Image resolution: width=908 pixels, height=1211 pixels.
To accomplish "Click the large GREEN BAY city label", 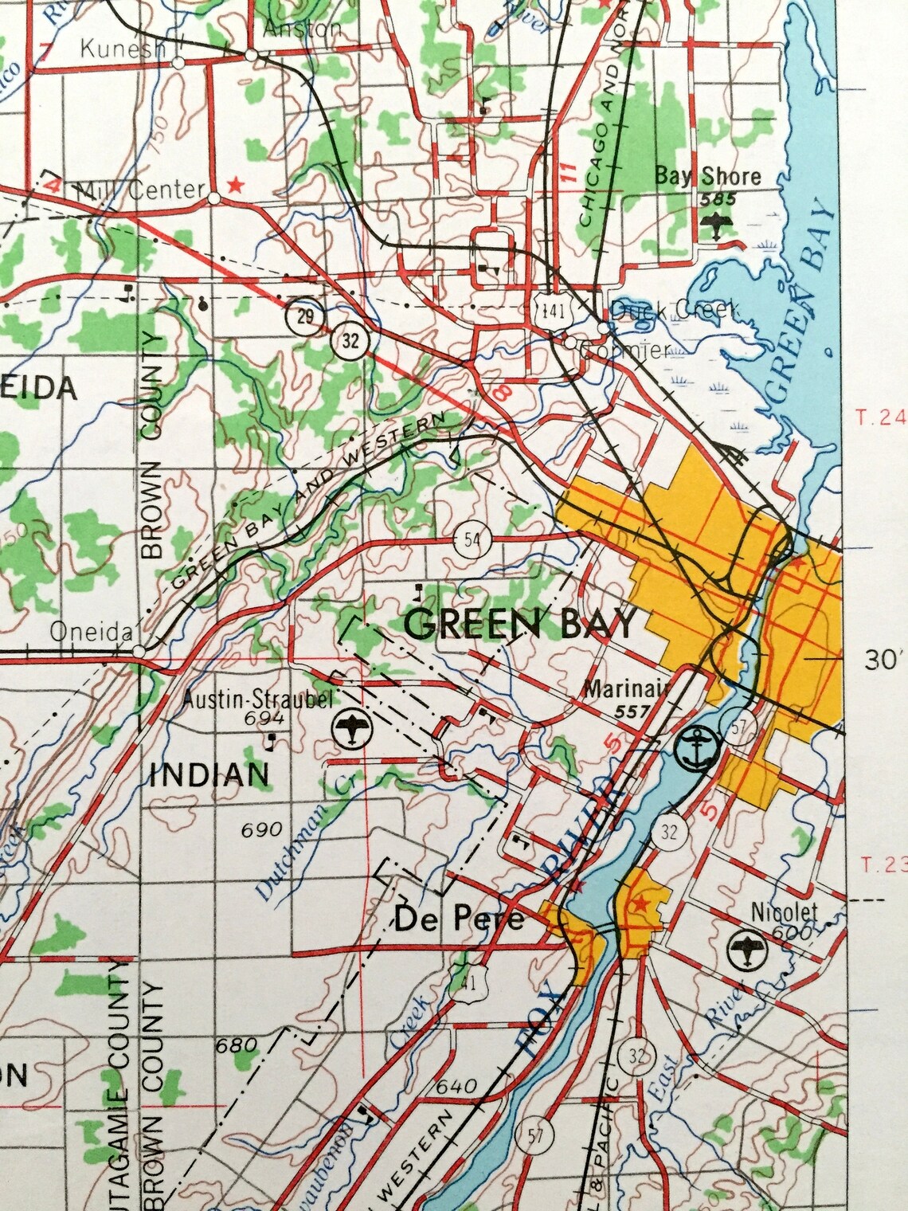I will point(521,624).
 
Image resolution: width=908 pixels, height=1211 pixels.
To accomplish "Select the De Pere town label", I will point(460,920).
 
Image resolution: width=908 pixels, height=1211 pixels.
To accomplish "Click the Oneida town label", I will point(90,631).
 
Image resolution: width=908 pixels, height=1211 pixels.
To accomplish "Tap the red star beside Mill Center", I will point(235,185).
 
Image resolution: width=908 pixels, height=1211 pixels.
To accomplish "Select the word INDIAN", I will point(209,774).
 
